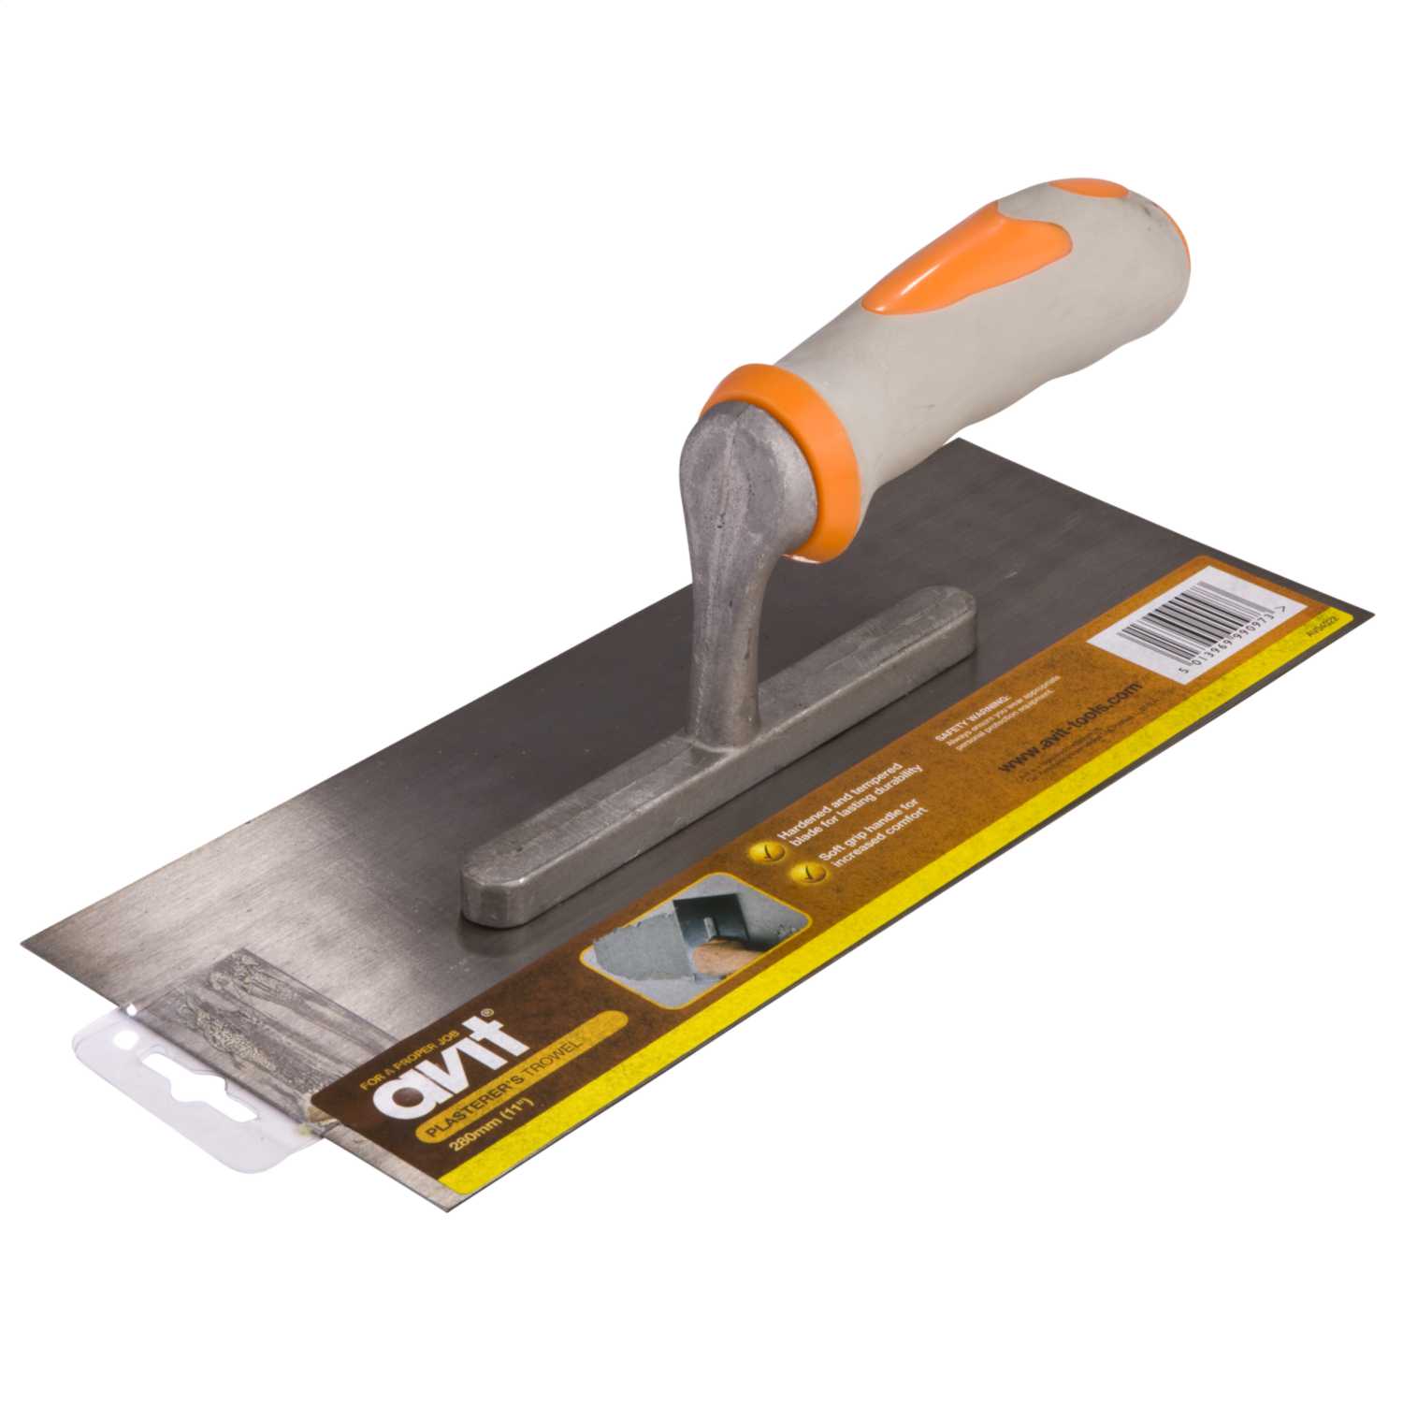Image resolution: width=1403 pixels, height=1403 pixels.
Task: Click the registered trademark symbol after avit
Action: (485, 1012)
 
